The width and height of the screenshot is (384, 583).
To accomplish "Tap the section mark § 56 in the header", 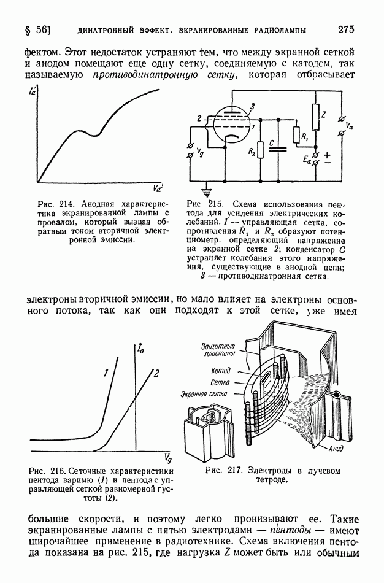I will pos(37,29).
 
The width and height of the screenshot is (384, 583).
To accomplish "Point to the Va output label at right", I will pos(349,126).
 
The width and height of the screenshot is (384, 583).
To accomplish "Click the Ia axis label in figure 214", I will pos(31,94).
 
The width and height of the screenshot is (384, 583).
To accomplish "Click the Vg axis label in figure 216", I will pos(167,457).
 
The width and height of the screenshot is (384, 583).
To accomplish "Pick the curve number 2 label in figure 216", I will pos(156,372).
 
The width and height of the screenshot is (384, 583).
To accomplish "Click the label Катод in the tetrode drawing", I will pos(220,371).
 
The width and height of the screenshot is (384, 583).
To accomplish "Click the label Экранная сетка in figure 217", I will pos(204,393).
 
